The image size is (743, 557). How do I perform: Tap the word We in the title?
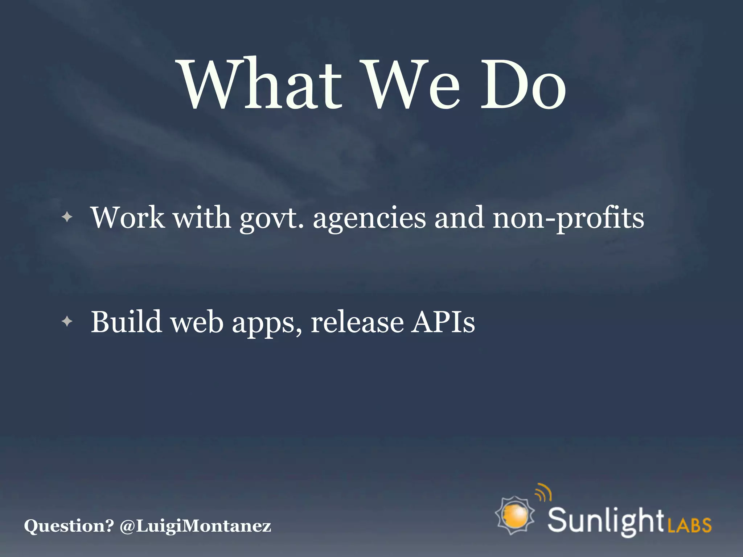[x=412, y=84]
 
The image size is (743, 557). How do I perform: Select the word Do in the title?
[x=522, y=84]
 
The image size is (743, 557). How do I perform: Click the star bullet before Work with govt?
[x=67, y=218]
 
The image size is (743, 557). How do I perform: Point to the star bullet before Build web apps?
[x=67, y=321]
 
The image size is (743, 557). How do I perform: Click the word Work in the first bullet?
[x=127, y=218]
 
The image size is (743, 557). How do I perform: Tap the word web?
[x=197, y=322]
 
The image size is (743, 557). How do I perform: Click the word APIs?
[x=443, y=322]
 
